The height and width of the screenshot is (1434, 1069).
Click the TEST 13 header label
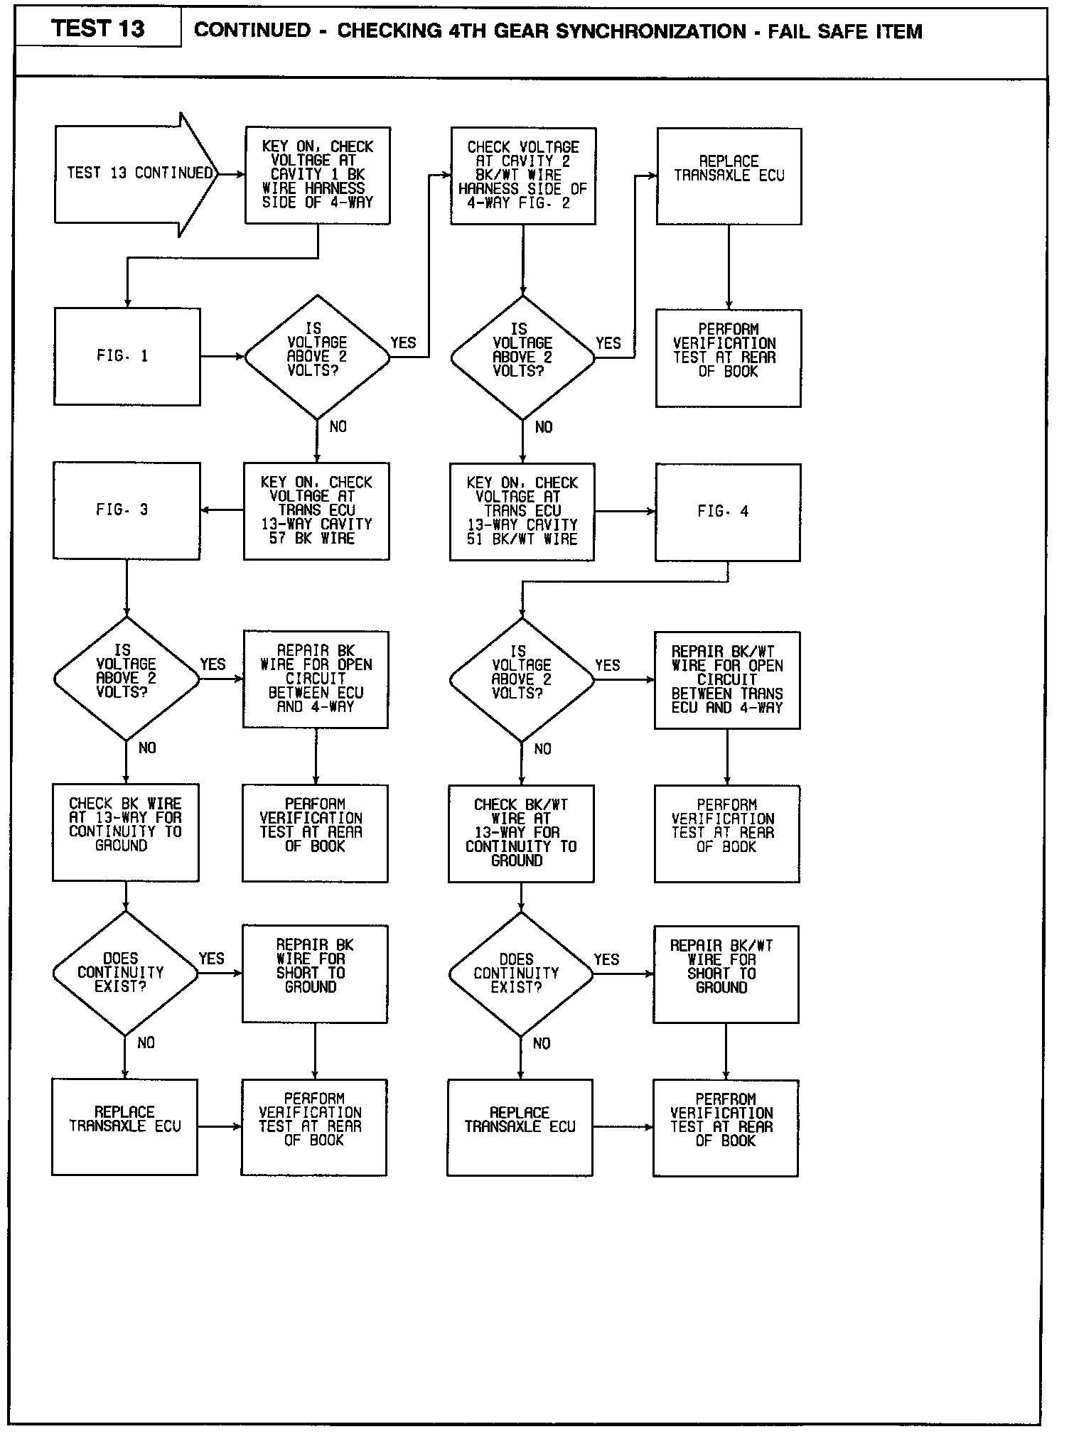[x=98, y=28]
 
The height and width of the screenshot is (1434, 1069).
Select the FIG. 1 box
[x=127, y=356]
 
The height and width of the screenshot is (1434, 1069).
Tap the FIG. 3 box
[x=127, y=510]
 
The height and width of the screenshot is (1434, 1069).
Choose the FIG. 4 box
[x=727, y=512]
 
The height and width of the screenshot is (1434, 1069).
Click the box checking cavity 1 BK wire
[x=318, y=175]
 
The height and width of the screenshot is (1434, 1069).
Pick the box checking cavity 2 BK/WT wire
[x=523, y=176]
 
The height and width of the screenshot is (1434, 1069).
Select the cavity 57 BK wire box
[x=316, y=511]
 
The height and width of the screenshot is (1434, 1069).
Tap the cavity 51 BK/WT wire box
[x=522, y=512]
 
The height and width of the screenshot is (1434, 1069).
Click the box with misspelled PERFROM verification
[x=725, y=1127]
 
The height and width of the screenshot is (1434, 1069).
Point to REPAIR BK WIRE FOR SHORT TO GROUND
[x=315, y=973]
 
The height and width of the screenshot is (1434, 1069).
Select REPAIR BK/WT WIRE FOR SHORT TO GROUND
[x=726, y=974]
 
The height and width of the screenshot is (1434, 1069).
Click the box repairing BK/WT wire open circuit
[x=726, y=680]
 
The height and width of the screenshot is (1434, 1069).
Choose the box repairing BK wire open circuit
[x=316, y=679]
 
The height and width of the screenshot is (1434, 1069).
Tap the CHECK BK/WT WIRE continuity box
[x=521, y=833]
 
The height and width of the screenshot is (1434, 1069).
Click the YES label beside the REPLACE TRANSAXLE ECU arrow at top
[x=608, y=343]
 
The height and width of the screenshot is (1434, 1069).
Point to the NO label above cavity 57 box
[x=338, y=426]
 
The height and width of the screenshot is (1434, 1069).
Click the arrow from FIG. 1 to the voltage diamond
[x=222, y=357]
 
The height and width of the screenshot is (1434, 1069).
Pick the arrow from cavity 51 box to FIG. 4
[x=625, y=512]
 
